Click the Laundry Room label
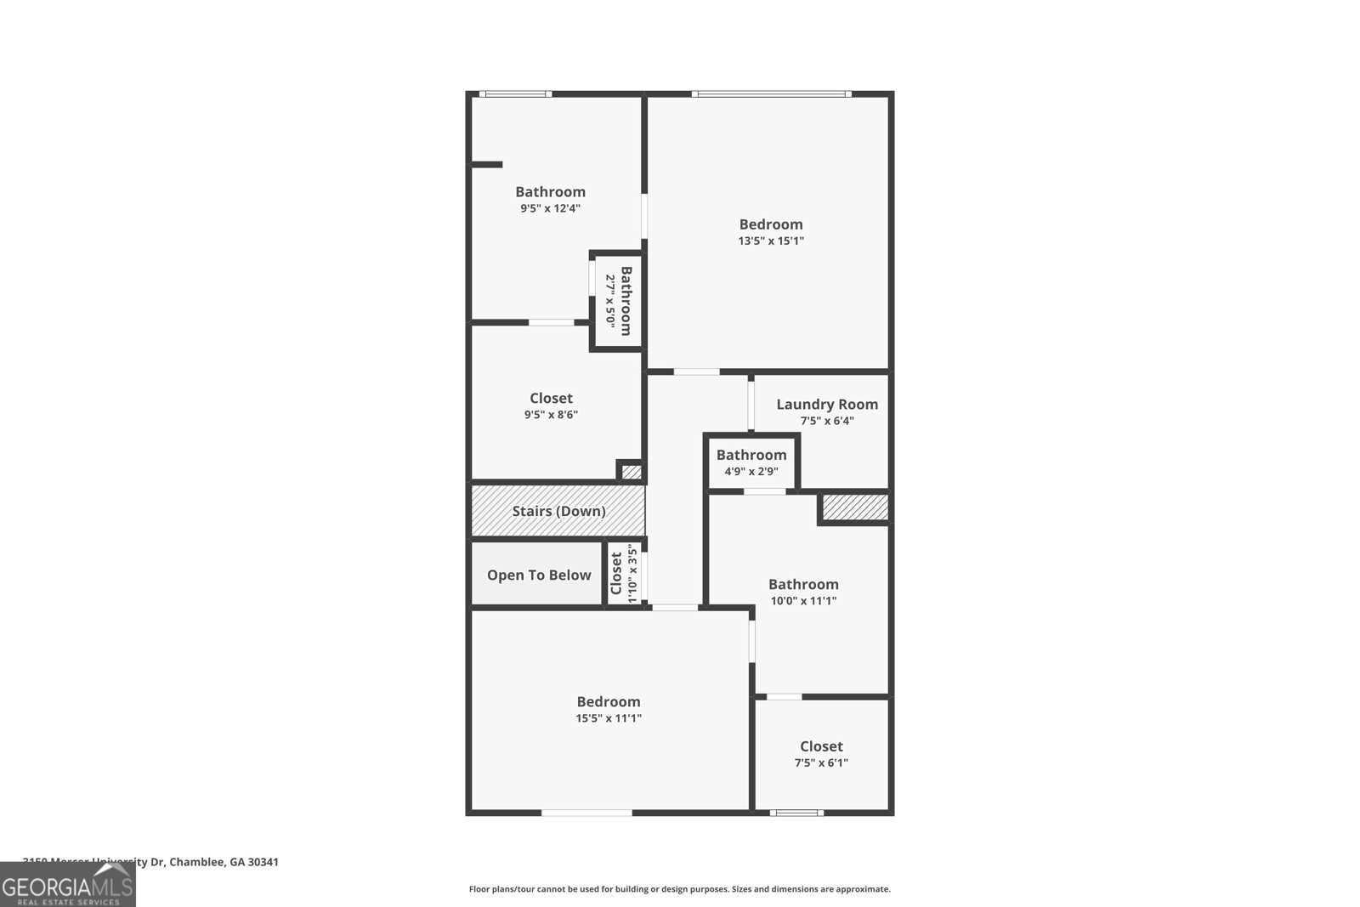coord(827,405)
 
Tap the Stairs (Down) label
coord(558,511)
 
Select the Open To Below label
coord(539,575)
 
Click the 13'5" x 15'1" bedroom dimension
coord(771,241)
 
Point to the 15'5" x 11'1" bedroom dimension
coord(609,718)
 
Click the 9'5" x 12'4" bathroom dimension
coord(550,208)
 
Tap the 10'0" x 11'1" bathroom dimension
coord(803,601)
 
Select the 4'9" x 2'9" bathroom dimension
coord(751,471)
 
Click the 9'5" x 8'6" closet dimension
coord(551,415)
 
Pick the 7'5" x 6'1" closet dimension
coord(821,762)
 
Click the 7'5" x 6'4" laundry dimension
coord(827,421)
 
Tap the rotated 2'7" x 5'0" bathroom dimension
coord(609,300)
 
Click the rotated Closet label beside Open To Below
coord(616,574)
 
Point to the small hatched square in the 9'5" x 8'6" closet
coord(632,472)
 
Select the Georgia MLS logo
coord(67,885)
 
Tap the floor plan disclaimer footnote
coord(679,889)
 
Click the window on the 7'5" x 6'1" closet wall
coord(796,813)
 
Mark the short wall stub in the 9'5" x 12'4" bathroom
coord(487,164)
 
